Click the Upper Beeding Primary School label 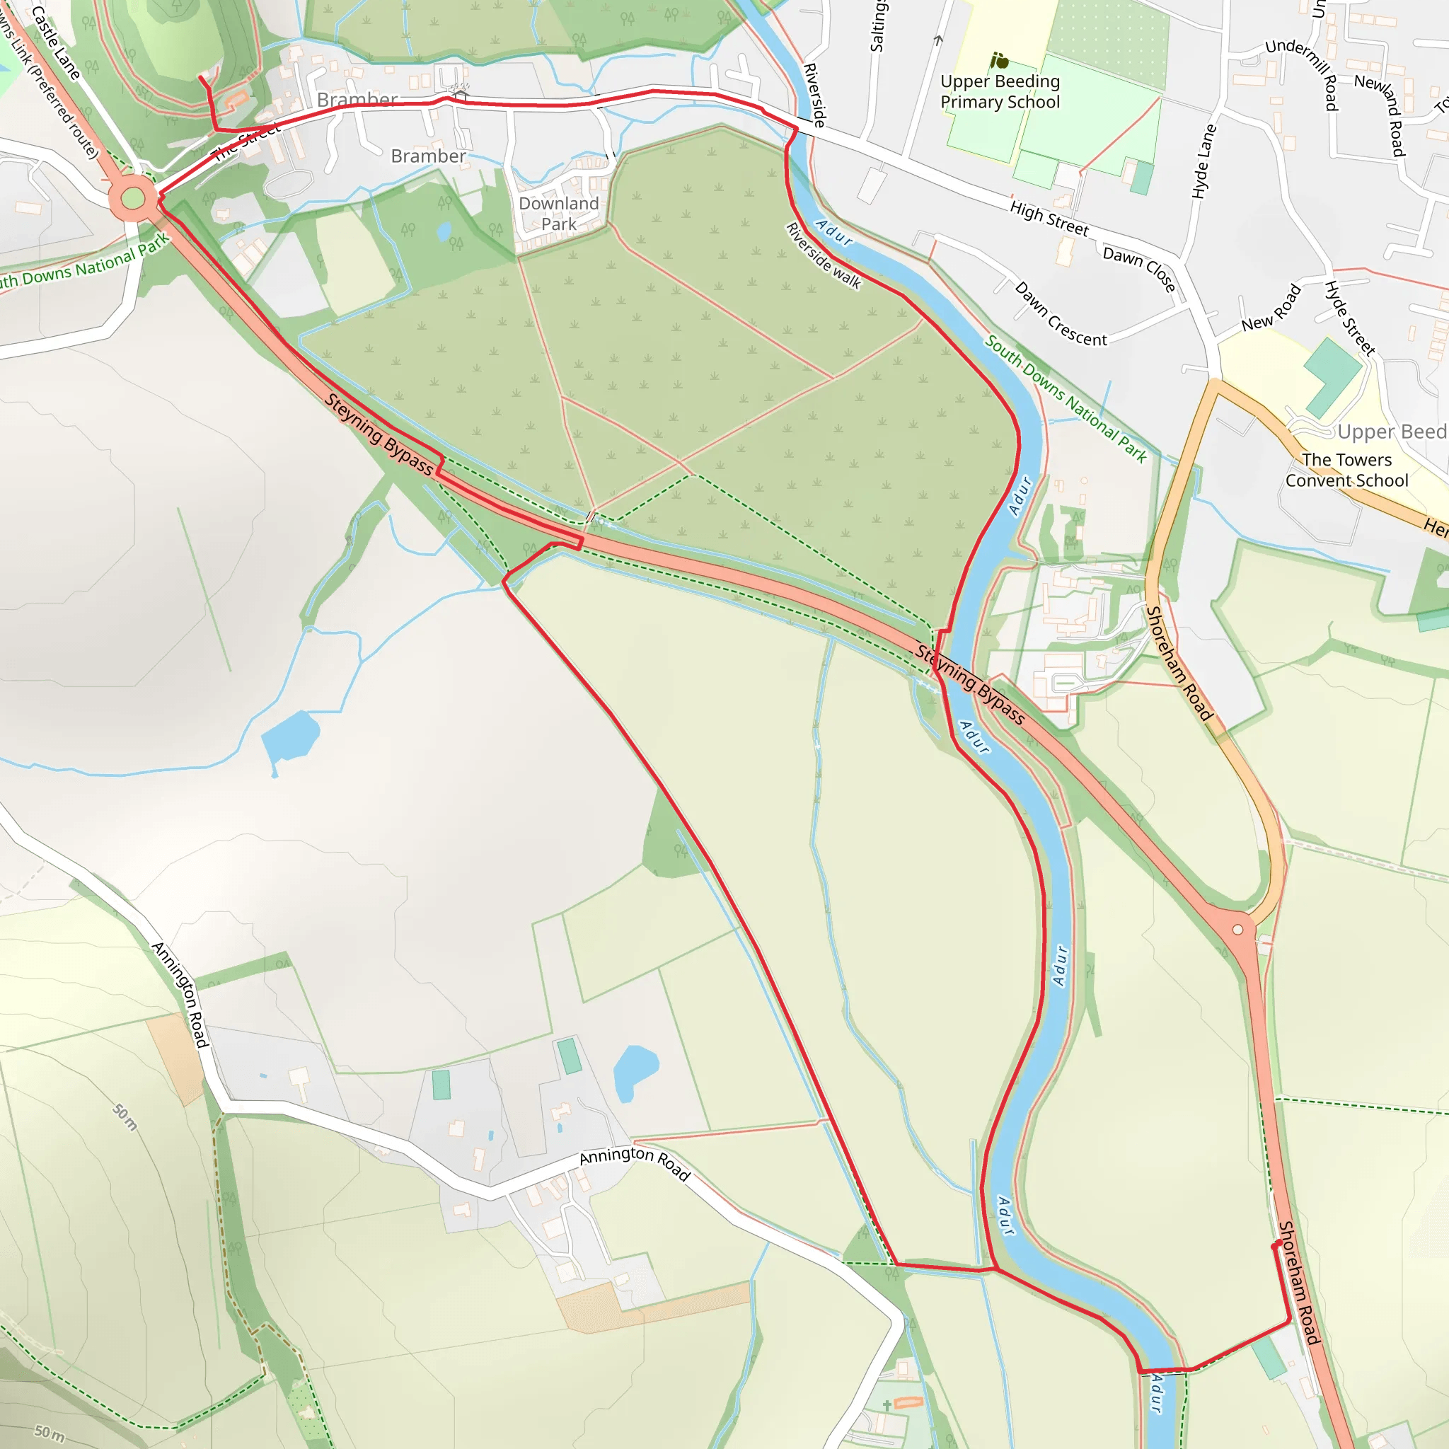click(1000, 91)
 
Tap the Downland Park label click(559, 214)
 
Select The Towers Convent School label click(1347, 471)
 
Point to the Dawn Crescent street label click(1061, 314)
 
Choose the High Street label click(1049, 218)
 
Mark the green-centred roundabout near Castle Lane click(133, 199)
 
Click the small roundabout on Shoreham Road click(1238, 930)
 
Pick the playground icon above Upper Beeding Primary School click(999, 60)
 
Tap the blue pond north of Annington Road click(635, 1071)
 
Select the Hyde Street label click(1350, 317)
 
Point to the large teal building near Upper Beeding click(1332, 376)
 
